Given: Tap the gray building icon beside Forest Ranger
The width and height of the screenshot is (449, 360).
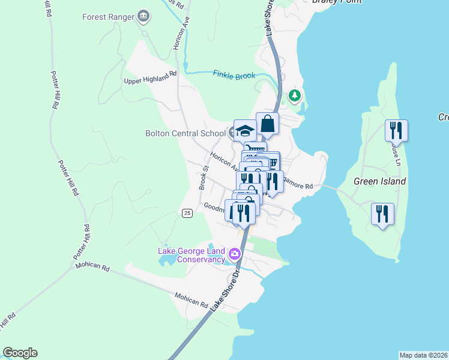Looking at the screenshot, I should tap(143, 16).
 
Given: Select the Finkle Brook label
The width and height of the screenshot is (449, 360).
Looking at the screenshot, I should tap(234, 75).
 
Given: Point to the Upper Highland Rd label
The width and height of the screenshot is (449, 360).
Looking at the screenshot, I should tap(150, 77).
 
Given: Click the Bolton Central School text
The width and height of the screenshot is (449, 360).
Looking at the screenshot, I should tap(185, 133).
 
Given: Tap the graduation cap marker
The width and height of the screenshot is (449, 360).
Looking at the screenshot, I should tap(245, 131).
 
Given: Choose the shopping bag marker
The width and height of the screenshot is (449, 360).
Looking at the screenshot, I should tap(268, 124).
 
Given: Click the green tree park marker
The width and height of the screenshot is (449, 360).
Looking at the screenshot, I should tap(294, 95).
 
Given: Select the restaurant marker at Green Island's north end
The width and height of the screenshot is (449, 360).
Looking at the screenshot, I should tap(396, 130).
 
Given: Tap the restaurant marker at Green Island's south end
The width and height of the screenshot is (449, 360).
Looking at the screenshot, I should tap(382, 214).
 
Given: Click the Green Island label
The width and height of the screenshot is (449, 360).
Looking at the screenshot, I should tap(379, 181).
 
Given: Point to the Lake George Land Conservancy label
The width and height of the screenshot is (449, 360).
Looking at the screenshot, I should tap(191, 255).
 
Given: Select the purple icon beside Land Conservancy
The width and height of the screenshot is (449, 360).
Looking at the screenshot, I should tap(235, 255).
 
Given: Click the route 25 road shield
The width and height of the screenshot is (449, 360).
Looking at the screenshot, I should tap(187, 214).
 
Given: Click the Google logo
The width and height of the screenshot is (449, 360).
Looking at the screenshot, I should tap(20, 353).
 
